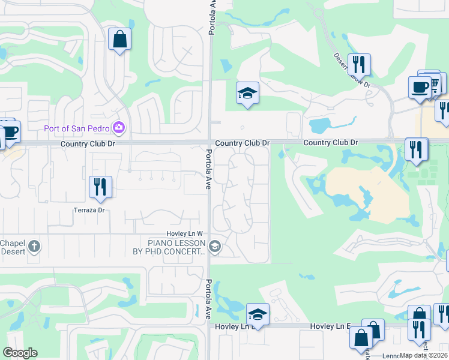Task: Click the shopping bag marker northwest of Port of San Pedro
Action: click(119, 40)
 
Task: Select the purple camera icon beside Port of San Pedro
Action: click(119, 127)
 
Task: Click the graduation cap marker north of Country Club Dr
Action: click(247, 93)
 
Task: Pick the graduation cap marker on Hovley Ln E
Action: click(258, 314)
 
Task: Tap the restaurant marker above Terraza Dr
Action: click(100, 186)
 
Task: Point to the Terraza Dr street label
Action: click(89, 210)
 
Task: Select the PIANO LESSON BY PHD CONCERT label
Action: click(169, 247)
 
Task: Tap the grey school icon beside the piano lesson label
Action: click(214, 247)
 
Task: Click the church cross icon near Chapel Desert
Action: click(35, 246)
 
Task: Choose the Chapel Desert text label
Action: click(12, 247)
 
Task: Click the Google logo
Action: click(20, 353)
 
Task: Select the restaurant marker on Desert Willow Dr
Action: click(359, 64)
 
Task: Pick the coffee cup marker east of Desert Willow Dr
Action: click(420, 87)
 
